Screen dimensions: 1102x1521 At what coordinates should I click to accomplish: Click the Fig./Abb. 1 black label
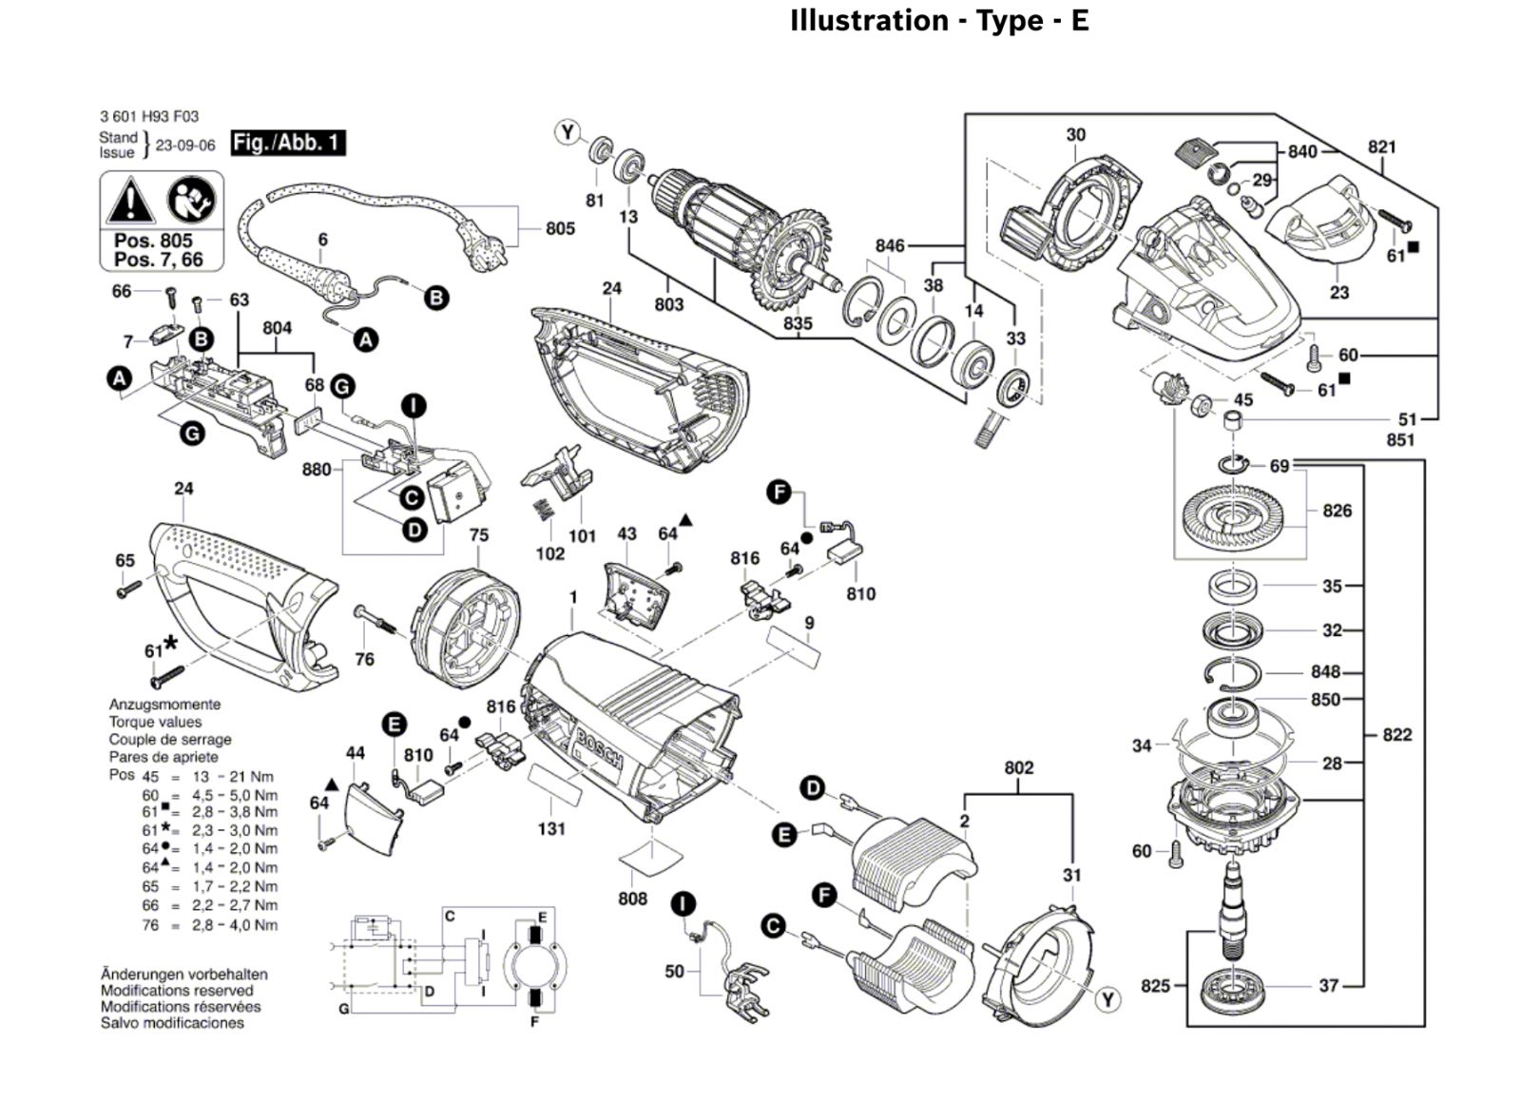(287, 143)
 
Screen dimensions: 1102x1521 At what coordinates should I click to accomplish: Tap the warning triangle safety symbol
(130, 203)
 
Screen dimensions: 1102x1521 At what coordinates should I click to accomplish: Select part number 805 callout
(560, 228)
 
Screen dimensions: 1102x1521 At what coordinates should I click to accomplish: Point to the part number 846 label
(890, 245)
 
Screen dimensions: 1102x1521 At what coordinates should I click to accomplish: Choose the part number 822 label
(1396, 734)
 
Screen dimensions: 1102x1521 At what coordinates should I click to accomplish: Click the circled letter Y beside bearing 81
(568, 132)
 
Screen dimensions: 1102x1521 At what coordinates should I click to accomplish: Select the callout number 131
(551, 828)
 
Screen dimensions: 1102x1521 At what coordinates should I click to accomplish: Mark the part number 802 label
(1018, 767)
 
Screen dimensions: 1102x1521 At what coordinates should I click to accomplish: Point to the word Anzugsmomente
(164, 705)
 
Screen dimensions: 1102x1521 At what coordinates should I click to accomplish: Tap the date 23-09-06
(185, 145)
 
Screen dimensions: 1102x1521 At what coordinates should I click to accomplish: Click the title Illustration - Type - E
(939, 21)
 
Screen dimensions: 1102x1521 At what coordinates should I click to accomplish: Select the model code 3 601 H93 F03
(149, 116)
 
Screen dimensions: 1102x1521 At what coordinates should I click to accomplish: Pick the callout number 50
(674, 971)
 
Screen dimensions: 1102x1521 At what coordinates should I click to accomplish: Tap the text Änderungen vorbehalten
(184, 974)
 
